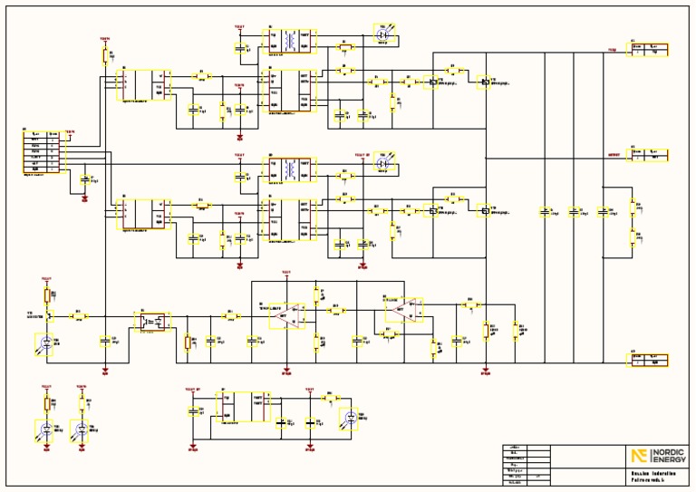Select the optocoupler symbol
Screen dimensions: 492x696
(x=150, y=320)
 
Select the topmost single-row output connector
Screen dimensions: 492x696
(x=651, y=49)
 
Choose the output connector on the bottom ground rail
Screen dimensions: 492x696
(x=651, y=359)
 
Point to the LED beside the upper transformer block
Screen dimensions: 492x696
(x=382, y=31)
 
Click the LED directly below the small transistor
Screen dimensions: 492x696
(x=46, y=343)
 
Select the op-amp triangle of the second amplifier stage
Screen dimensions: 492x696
(x=403, y=309)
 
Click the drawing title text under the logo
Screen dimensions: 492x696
(x=643, y=477)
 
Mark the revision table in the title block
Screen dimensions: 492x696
(x=526, y=465)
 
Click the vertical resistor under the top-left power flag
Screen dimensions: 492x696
(x=104, y=56)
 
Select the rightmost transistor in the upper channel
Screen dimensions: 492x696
(x=486, y=82)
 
